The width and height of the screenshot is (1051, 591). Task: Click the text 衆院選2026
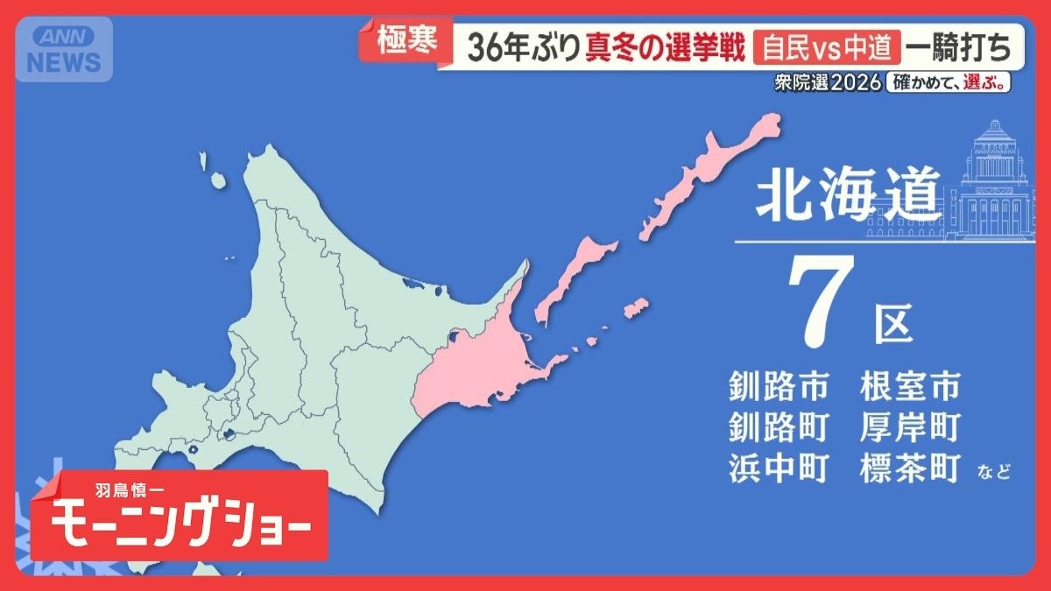click(826, 83)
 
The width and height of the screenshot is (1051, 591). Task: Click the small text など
click(993, 474)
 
